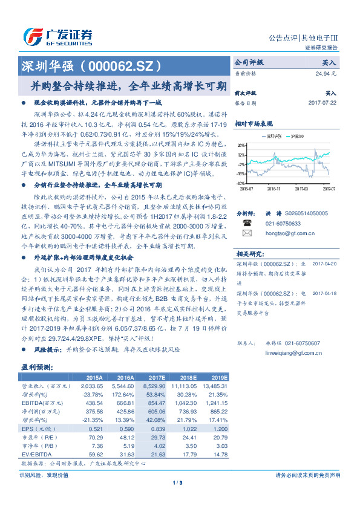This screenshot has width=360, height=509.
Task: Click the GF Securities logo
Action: pos(57,36)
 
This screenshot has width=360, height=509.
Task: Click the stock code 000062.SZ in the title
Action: pos(120,65)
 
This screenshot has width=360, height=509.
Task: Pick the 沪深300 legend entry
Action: pos(298,137)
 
